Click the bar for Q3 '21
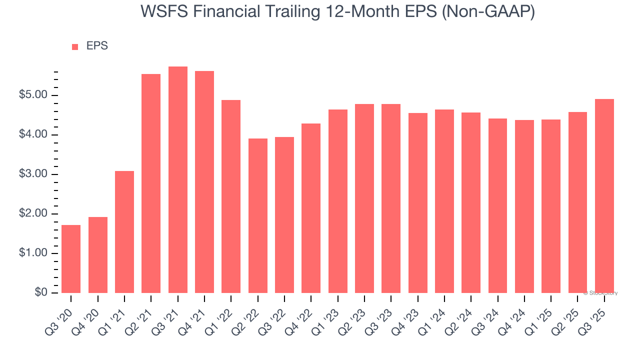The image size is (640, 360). point(177,180)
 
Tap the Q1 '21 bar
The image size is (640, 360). point(124,232)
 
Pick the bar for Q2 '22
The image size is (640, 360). point(257,215)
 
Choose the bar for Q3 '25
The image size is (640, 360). point(604,196)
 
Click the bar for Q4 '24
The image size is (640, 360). point(524,206)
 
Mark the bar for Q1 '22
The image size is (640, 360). point(231,196)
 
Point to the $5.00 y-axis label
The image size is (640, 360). point(33,95)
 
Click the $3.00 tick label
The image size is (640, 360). point(33,174)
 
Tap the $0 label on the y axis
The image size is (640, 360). point(41,293)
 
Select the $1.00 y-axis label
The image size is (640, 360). point(33,253)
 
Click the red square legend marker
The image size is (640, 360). point(75,46)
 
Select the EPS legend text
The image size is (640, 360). point(97,46)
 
